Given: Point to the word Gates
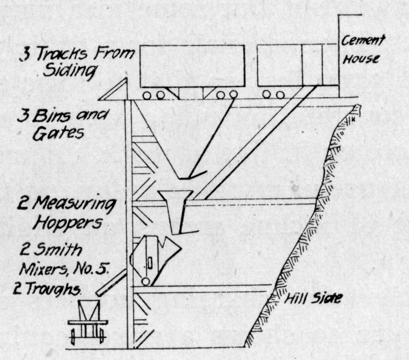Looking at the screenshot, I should coord(58,134).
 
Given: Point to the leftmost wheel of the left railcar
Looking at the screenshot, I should coord(147,95).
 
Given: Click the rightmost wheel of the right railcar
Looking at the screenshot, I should coord(280,95).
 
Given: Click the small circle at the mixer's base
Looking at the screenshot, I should coord(146,282).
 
